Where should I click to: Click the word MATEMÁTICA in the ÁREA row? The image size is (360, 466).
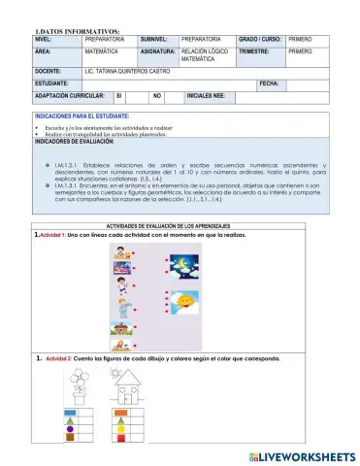103,49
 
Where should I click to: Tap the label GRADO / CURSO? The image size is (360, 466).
258,37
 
